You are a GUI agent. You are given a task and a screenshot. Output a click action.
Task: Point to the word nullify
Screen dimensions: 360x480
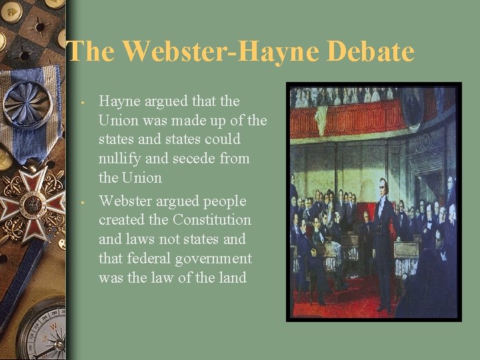click(119, 159)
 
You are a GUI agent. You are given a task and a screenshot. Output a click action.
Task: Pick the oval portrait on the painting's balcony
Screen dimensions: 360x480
click(413, 106)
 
